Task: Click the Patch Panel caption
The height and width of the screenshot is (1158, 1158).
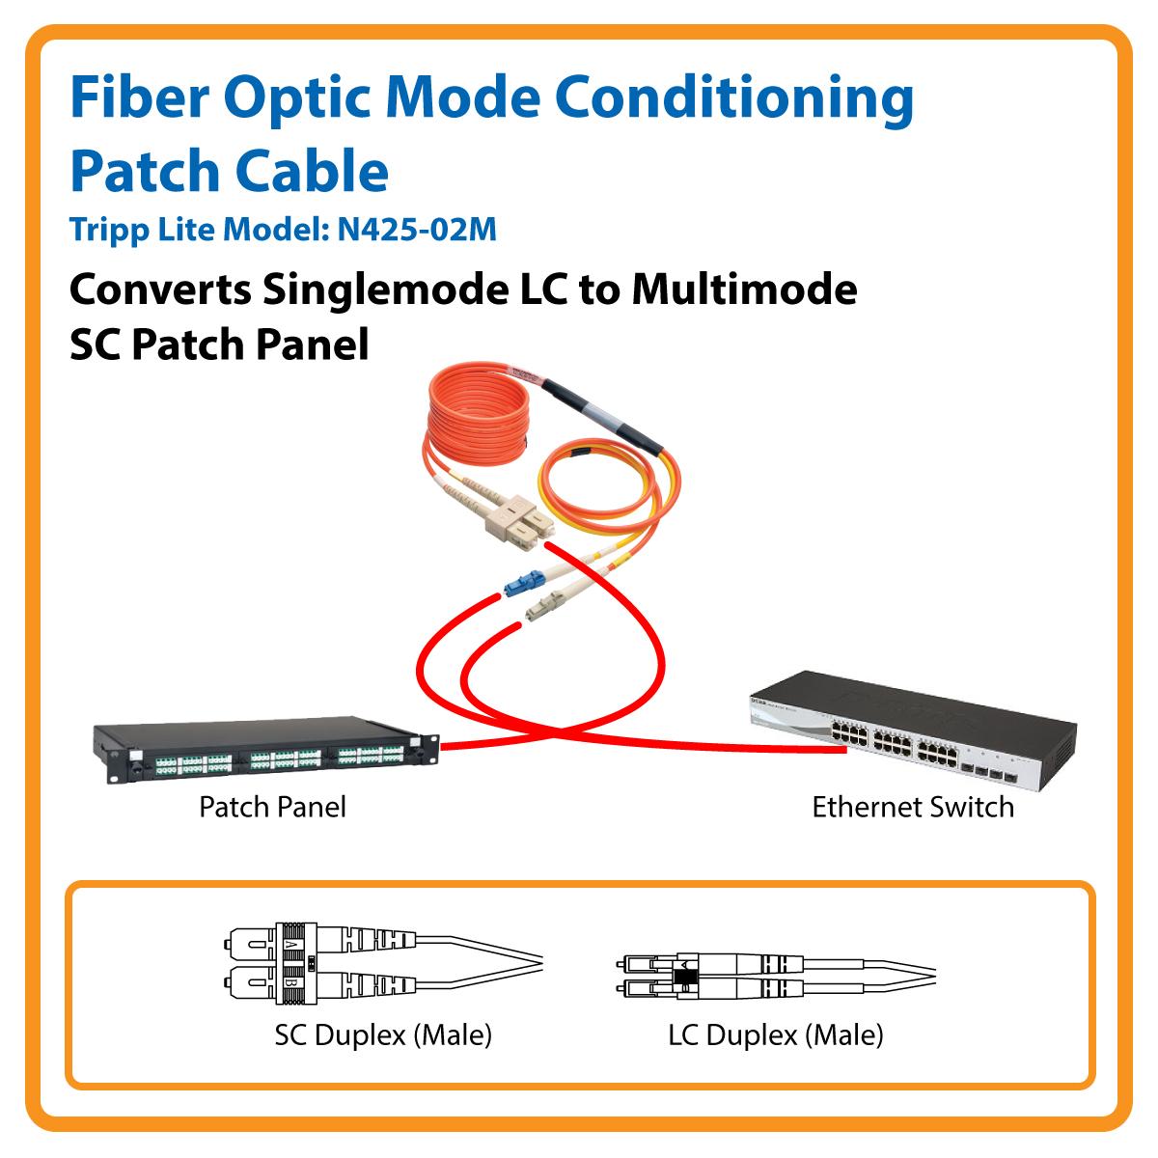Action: [x=272, y=807]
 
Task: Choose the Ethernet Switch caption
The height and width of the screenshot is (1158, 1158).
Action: [x=912, y=807]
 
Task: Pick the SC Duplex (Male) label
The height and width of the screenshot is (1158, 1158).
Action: [x=383, y=1035]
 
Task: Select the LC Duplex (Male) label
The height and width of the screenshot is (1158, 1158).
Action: [x=775, y=1035]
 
